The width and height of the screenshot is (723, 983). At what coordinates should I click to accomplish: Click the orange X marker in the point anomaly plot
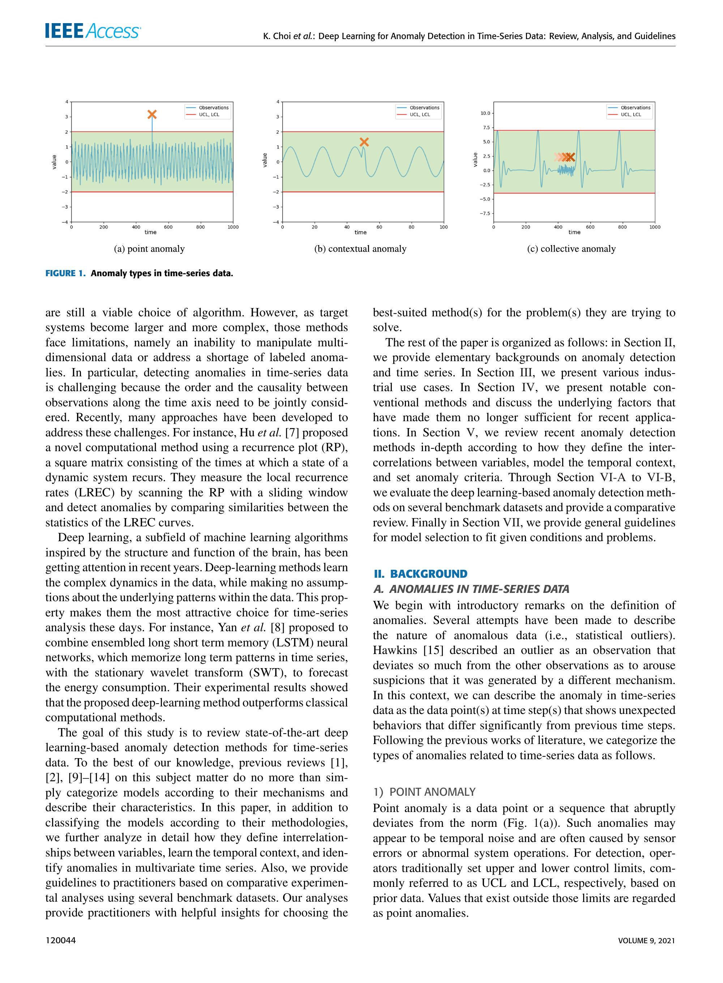tap(152, 115)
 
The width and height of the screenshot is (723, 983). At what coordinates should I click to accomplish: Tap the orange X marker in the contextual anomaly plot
tap(364, 142)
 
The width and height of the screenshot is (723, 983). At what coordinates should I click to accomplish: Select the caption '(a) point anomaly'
tap(149, 249)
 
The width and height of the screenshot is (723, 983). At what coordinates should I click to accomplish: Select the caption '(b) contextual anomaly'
tap(360, 249)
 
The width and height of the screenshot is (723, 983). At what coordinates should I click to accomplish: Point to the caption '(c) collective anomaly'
tap(571, 249)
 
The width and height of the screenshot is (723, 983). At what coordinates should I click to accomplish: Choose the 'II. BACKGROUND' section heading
tap(420, 574)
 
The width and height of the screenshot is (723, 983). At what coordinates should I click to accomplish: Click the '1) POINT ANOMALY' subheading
tap(424, 791)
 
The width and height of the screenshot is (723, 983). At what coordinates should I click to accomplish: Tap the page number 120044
tap(60, 940)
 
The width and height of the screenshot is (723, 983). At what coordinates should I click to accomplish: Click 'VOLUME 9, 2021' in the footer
tap(646, 940)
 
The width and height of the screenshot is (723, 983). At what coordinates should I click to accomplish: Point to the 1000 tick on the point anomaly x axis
tap(233, 227)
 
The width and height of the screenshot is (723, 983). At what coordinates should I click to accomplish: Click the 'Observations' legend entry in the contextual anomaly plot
tap(424, 108)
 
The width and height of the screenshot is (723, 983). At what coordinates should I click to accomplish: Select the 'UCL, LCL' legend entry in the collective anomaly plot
tap(631, 115)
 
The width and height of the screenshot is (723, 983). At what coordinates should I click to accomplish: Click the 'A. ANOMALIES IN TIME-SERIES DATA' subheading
tap(471, 589)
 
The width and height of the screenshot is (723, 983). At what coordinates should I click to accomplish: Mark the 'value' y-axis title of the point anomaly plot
tap(54, 162)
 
